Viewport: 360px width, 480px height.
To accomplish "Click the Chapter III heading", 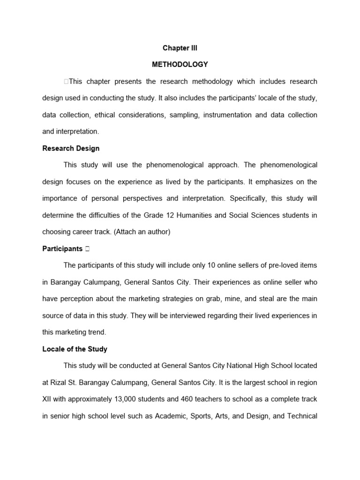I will coord(180,48).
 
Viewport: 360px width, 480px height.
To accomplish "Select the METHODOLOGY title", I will coord(180,65).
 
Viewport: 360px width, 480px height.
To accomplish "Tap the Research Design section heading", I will coord(71,148).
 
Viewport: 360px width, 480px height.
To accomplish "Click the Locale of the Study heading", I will coord(75,349).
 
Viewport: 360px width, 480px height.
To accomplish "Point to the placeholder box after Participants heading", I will coord(88,249).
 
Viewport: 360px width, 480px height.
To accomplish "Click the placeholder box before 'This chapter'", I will coord(66,82).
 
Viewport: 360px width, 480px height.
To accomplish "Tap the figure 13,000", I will coord(128,399).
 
